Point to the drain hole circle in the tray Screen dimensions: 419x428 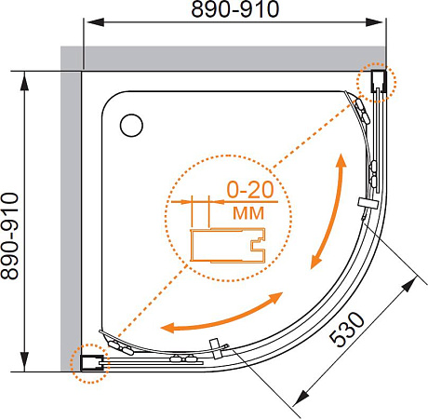pos(132,121)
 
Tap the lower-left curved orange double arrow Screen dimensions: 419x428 pos(222,314)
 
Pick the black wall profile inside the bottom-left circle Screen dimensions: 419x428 pos(89,362)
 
